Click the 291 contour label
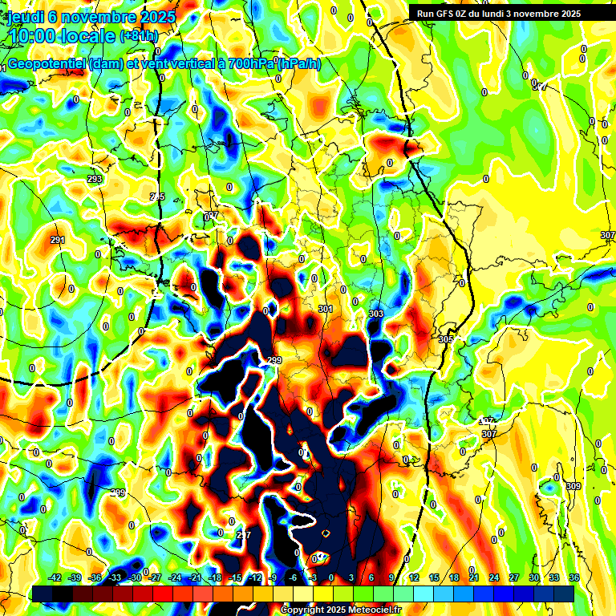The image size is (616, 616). (57, 240)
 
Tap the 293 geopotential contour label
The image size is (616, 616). (95, 179)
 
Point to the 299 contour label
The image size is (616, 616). (275, 360)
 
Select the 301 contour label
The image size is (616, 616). (325, 309)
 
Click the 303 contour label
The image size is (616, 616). (376, 314)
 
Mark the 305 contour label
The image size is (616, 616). (446, 339)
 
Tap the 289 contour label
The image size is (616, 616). (118, 492)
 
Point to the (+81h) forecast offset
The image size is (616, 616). (139, 36)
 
